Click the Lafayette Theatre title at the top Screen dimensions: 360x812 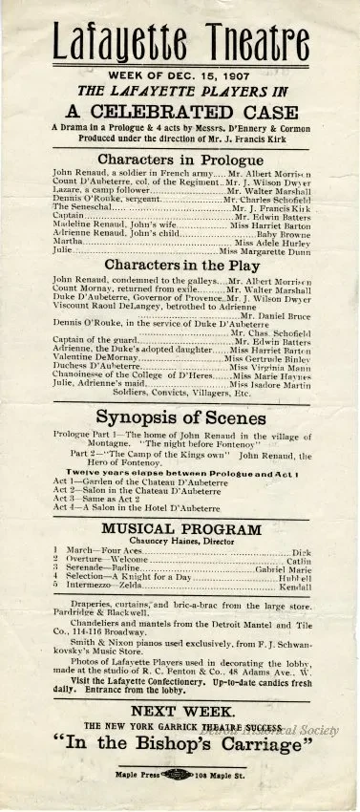coord(180,39)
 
